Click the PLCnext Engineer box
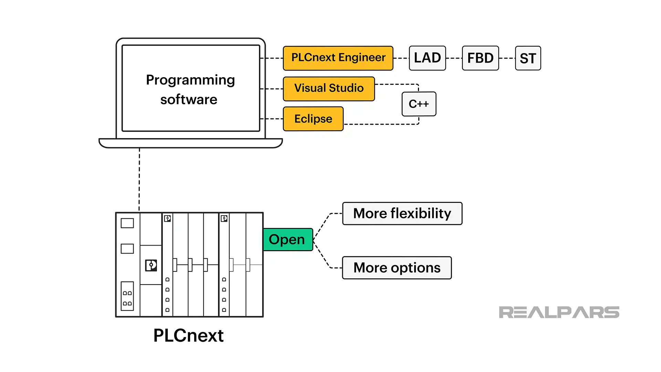pos(338,58)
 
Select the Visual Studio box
pos(328,89)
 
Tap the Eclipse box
pos(313,119)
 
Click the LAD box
pos(427,58)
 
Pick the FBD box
pos(480,58)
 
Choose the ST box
pos(528,58)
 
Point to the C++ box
pos(419,104)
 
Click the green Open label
pos(287,239)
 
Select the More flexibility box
pos(402,214)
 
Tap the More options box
pos(397,268)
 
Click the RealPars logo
pos(559,312)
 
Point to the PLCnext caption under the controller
pos(188,335)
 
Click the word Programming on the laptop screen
pos(190,80)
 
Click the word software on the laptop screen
pos(189,100)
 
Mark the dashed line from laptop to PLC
pos(139,179)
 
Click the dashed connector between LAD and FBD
pos(454,58)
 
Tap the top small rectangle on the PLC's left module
pos(127,223)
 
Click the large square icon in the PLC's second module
pos(151,265)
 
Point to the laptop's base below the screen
pos(190,143)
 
